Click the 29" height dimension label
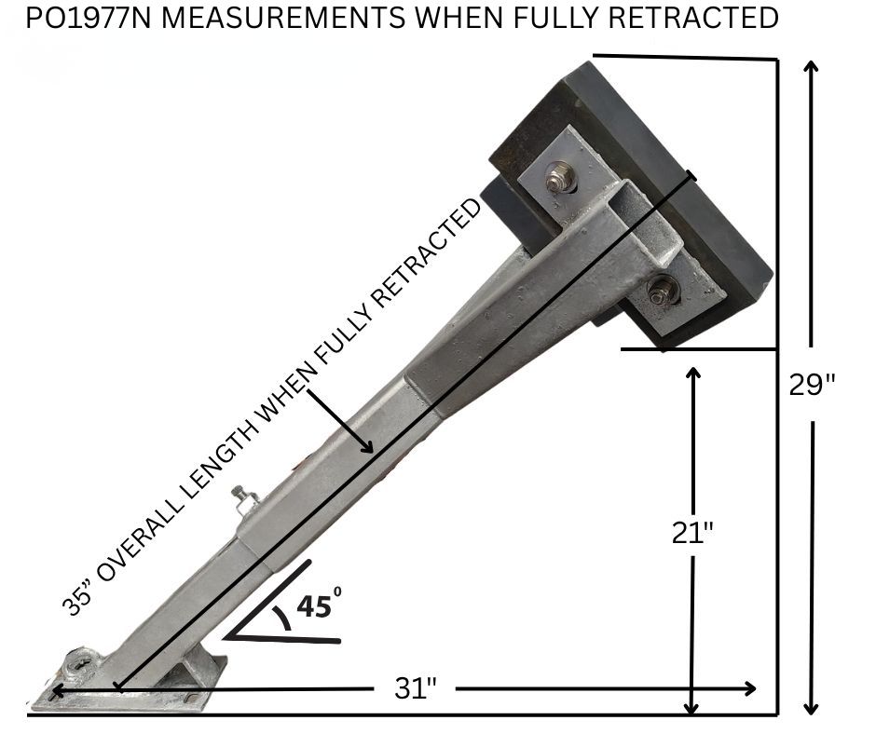click(x=812, y=385)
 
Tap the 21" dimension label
click(x=692, y=533)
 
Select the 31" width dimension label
click(x=415, y=688)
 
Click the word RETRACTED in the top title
click(x=692, y=18)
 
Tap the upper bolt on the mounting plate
click(x=556, y=177)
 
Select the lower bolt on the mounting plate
click(x=663, y=290)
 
